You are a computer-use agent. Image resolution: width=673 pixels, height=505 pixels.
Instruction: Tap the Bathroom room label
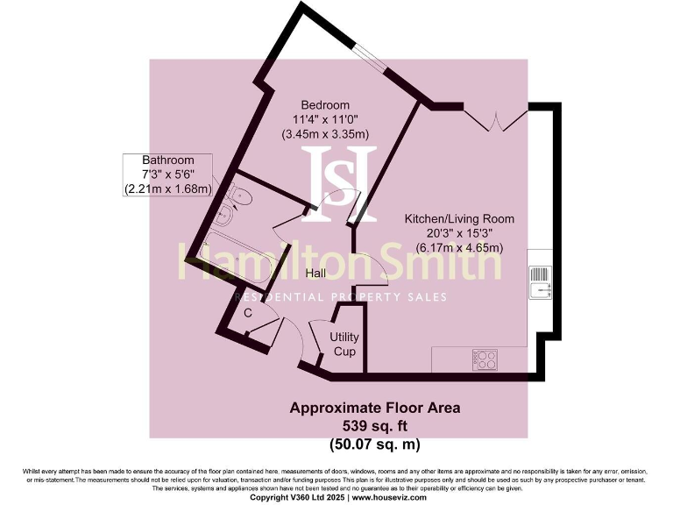(168, 160)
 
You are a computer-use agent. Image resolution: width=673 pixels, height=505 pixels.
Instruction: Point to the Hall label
(315, 274)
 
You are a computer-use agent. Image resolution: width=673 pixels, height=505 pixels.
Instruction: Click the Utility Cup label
(344, 344)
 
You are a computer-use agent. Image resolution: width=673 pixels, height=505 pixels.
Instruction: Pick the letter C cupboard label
(248, 312)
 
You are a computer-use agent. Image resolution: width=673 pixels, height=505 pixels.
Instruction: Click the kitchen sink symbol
(540, 278)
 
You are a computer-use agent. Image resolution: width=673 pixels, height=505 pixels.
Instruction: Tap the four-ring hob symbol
(485, 359)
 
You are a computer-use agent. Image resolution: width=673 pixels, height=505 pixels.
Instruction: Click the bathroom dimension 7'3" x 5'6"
(168, 174)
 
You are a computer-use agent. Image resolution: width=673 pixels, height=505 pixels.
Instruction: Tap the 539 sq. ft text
(374, 424)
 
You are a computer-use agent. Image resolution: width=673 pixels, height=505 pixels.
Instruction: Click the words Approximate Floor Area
(374, 408)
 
